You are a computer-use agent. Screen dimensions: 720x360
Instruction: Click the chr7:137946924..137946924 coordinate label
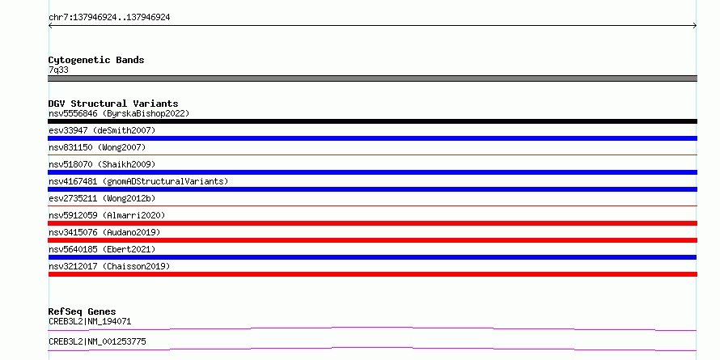click(x=109, y=18)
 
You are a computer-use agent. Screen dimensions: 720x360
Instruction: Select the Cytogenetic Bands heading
click(x=96, y=60)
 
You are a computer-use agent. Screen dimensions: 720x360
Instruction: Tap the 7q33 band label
click(x=58, y=70)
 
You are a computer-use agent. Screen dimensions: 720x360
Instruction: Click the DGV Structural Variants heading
click(x=113, y=104)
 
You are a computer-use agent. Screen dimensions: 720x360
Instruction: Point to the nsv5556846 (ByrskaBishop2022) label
click(x=119, y=113)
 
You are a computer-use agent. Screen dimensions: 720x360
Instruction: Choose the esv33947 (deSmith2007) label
click(x=102, y=130)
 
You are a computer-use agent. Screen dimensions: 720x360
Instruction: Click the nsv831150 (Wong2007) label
click(x=97, y=147)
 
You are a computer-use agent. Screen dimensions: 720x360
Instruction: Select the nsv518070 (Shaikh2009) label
click(x=102, y=164)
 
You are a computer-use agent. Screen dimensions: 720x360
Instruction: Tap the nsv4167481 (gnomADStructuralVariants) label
click(x=138, y=181)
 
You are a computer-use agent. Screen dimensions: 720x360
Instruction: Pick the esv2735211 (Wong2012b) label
click(x=102, y=198)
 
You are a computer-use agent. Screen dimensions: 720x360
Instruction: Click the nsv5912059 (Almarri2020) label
click(x=107, y=215)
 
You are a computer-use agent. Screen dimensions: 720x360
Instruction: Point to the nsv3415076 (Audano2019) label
click(x=104, y=232)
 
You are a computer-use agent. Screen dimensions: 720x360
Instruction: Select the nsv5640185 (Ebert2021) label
click(x=102, y=249)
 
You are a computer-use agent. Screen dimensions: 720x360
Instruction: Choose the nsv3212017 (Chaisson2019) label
click(x=109, y=266)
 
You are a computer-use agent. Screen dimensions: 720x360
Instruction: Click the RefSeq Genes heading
click(x=83, y=311)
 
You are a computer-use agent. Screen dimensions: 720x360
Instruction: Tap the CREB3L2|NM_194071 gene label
click(x=90, y=321)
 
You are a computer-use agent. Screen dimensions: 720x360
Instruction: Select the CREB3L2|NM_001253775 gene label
click(x=97, y=341)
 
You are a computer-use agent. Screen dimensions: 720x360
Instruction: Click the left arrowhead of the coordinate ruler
click(x=49, y=26)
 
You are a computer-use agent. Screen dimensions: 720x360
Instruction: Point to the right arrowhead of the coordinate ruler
click(x=695, y=26)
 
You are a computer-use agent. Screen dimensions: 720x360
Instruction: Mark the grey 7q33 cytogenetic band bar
click(x=372, y=78)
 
